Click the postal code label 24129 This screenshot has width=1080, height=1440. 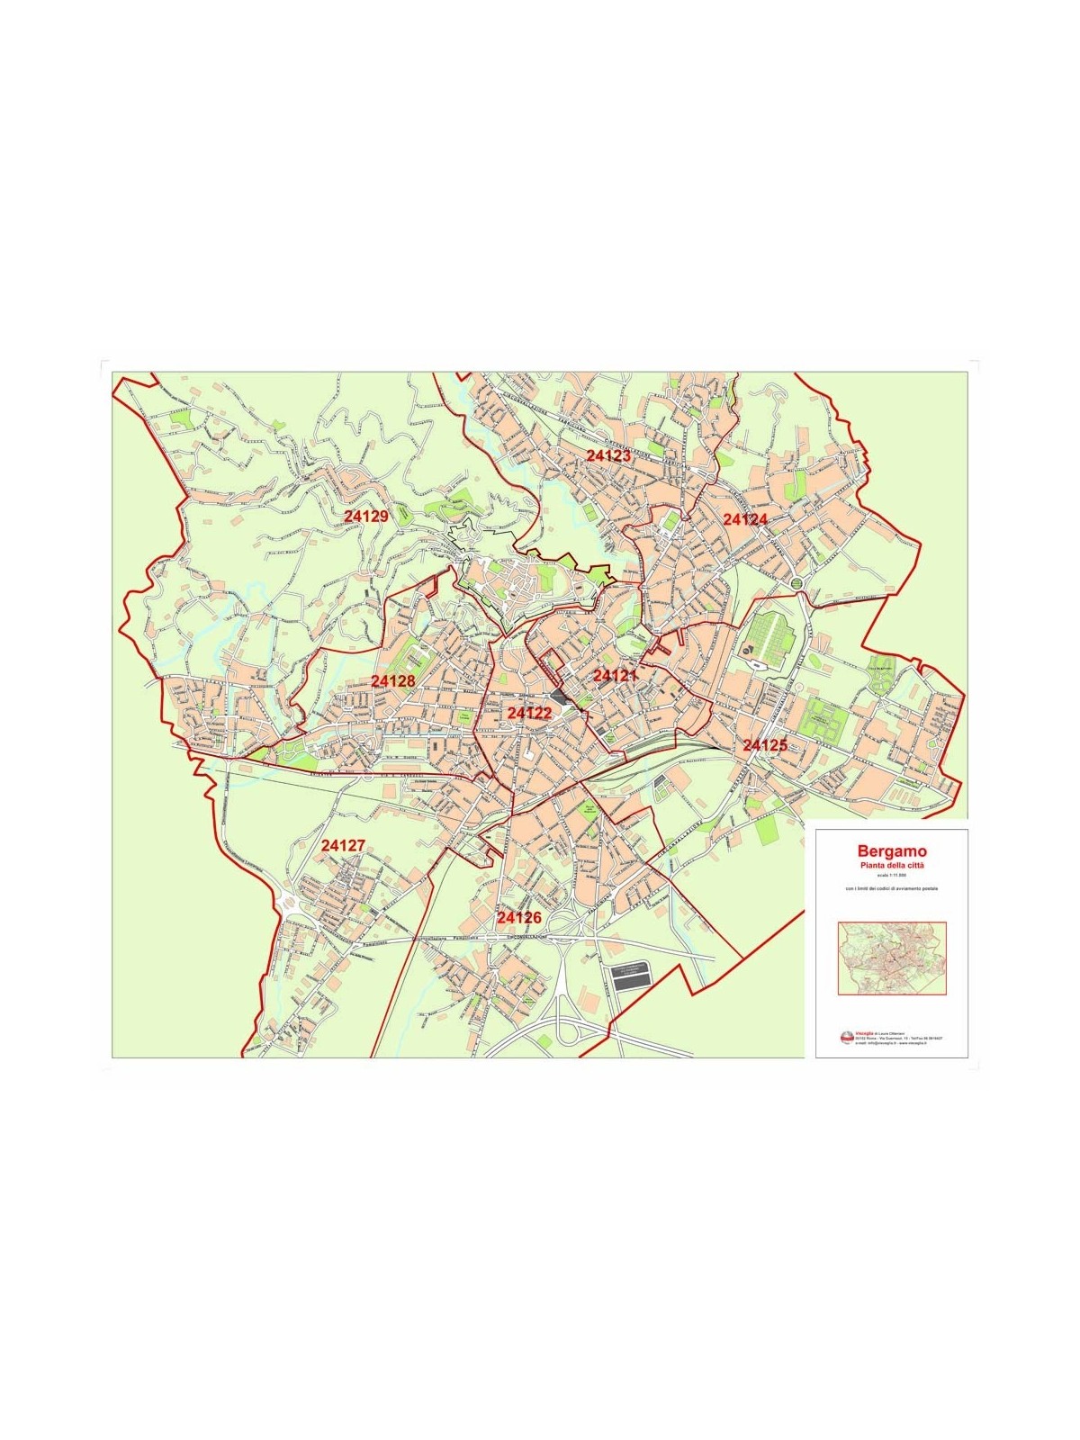pos(366,516)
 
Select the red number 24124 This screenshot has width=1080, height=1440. pos(745,519)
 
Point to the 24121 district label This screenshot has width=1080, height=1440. pos(616,675)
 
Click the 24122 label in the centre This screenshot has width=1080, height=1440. pos(529,712)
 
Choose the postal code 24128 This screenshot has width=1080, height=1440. pos(393,681)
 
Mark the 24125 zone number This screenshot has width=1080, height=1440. pos(765,745)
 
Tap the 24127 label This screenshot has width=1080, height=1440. pos(343,846)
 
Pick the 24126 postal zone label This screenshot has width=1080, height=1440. pos(519,917)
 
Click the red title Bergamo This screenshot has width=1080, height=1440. pos(892,850)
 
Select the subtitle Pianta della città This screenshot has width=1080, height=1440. pos(892,865)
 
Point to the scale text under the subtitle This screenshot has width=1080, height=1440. pos(892,875)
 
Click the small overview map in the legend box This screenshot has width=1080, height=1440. pos(891,958)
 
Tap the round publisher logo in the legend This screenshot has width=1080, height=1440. pos(846,1038)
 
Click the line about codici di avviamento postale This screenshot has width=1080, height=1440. pos(892,889)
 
